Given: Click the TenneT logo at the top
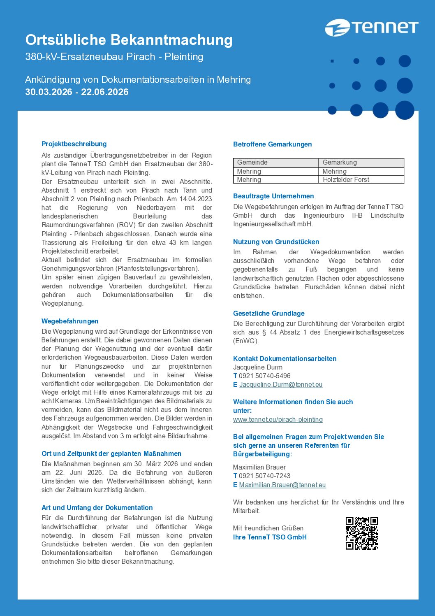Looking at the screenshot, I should pos(371,28).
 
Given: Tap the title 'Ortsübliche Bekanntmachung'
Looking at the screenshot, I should pos(129,40).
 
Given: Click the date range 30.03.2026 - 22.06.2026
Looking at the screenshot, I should pos(77,92).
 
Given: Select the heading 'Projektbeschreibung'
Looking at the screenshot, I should pos(74,144).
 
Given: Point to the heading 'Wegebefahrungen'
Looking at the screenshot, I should pos(70,321).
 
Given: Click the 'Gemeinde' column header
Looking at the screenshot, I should pos(252,163).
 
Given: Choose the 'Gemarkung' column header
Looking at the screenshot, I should pos(340,163).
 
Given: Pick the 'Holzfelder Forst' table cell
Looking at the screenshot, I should pos(346,179).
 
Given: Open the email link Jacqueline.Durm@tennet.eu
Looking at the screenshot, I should pos(281,384).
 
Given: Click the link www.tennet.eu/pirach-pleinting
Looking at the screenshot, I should pos(278,419).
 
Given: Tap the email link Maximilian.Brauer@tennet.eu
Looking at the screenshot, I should pos(282,485).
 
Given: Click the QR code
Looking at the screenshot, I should pos(362,533).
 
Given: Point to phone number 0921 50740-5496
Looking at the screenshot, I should pos(264,376).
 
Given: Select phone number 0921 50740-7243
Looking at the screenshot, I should pos(264,476).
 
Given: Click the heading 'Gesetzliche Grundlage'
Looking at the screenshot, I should pos(269,313).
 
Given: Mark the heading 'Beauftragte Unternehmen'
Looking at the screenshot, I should pos(273,196).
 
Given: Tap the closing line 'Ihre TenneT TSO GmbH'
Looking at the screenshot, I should pos(270,537).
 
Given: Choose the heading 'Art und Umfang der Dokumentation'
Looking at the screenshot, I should pos(97,507).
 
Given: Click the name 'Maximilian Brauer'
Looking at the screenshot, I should pos(259,467).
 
